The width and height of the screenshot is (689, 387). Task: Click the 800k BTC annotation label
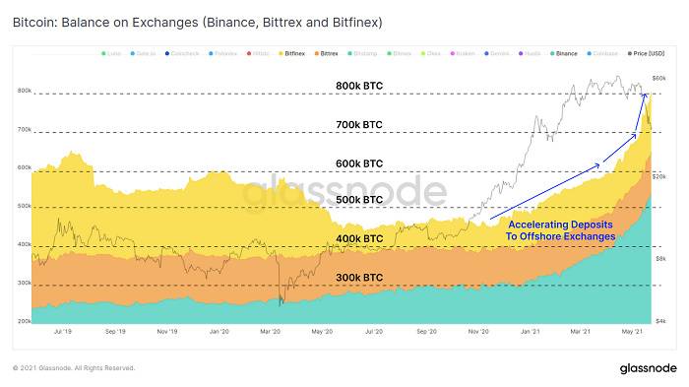point(359,87)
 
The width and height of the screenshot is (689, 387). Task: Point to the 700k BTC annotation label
point(359,125)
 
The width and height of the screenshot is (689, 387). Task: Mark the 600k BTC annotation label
point(359,163)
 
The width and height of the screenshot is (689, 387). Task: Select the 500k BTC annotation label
point(359,200)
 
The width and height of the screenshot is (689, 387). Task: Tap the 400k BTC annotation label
point(359,238)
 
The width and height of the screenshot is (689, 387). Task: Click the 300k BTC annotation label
point(359,278)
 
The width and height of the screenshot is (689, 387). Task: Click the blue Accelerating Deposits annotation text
point(560,230)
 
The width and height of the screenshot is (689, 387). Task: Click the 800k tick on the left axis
point(24,91)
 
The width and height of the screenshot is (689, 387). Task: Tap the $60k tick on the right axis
point(659,77)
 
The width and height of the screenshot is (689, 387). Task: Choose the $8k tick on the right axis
point(659,257)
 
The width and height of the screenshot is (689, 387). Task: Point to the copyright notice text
point(73,367)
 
